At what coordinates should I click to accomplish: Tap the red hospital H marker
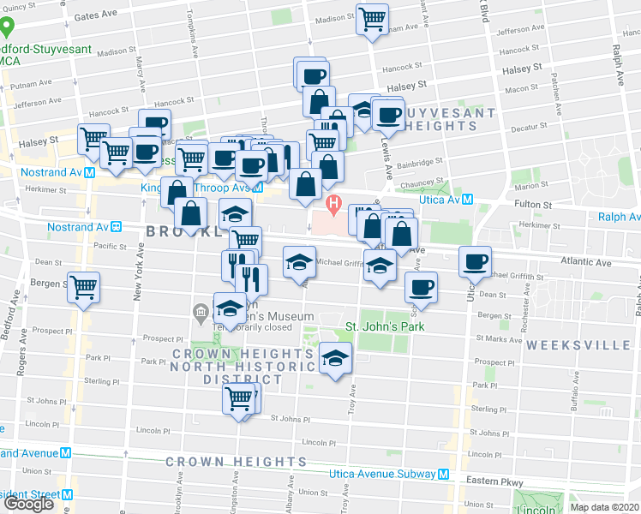(333, 205)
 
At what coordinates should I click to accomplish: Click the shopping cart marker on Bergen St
(84, 288)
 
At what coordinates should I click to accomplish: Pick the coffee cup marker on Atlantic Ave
(474, 262)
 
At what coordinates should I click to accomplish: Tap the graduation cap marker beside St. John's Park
(336, 358)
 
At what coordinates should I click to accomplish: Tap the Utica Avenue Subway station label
(383, 474)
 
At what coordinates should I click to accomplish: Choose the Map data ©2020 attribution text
(603, 506)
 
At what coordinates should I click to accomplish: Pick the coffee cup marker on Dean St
(420, 287)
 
